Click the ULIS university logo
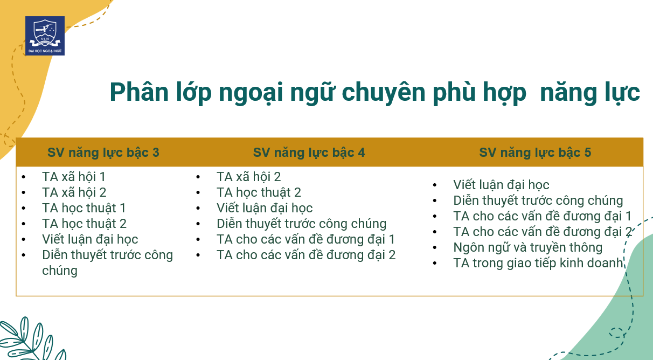pyautogui.click(x=45, y=36)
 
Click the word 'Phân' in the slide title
pyautogui.click(x=139, y=92)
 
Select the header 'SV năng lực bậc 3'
pyautogui.click(x=103, y=153)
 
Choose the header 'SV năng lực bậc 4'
pyautogui.click(x=309, y=153)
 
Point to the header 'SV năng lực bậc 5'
pyautogui.click(x=535, y=153)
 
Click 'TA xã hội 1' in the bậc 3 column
pyautogui.click(x=74, y=177)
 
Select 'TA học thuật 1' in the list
pyautogui.click(x=84, y=208)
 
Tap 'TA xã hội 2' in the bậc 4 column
pyautogui.click(x=249, y=177)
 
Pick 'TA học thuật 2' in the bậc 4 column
pyautogui.click(x=259, y=192)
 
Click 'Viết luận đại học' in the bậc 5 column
pyautogui.click(x=501, y=185)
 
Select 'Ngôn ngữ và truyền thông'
pyautogui.click(x=527, y=247)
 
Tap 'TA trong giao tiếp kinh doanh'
pyautogui.click(x=538, y=263)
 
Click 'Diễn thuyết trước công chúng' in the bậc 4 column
pyautogui.click(x=301, y=224)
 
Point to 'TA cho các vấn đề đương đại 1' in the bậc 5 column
pyautogui.click(x=542, y=216)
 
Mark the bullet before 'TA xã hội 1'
pyautogui.click(x=24, y=177)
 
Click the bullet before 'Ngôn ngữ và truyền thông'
pyautogui.click(x=435, y=247)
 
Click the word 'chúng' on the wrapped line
pyautogui.click(x=60, y=271)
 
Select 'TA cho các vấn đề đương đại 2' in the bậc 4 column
pyautogui.click(x=306, y=255)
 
